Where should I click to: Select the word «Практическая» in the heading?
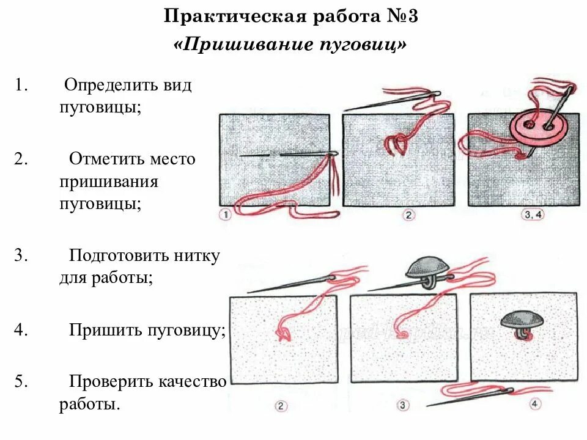235,16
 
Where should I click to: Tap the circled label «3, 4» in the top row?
533,215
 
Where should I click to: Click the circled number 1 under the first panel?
226,215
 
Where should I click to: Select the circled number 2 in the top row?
408,215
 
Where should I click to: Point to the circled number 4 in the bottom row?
535,403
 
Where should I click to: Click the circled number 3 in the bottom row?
403,405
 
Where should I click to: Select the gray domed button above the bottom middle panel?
427,266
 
